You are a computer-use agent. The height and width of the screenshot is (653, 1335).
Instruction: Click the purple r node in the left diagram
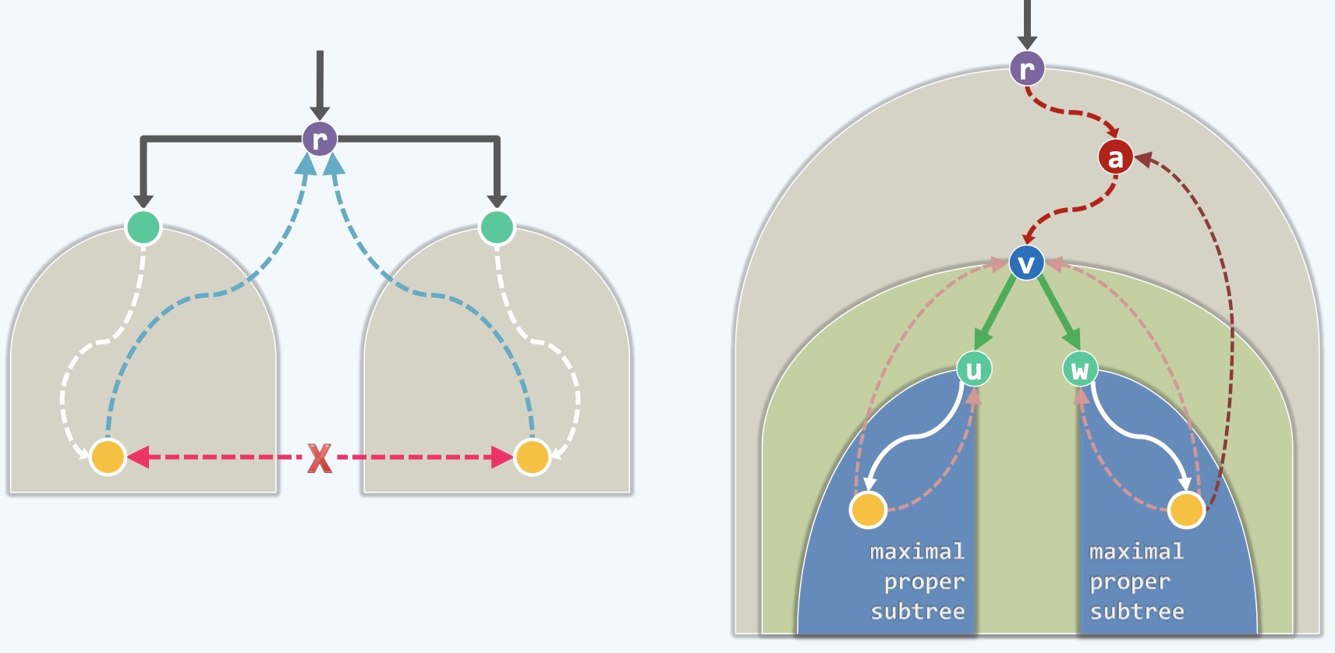(x=320, y=139)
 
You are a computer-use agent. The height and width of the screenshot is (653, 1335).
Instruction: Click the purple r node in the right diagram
(x=1027, y=69)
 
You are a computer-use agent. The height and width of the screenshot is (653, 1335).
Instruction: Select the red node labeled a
(x=1115, y=157)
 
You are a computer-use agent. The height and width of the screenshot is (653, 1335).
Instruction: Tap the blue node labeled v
(x=1026, y=263)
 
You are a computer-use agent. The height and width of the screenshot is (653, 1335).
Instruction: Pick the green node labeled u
(x=974, y=369)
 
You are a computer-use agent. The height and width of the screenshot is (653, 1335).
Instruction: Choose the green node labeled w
(x=1080, y=369)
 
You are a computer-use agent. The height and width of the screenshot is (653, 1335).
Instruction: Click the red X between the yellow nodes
(x=320, y=458)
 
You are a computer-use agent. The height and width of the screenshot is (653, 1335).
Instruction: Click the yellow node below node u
(x=868, y=510)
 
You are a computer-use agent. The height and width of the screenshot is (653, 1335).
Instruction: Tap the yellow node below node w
(x=1186, y=510)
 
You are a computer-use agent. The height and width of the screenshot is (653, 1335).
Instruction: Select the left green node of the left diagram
(x=143, y=228)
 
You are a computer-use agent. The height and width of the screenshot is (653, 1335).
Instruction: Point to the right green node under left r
(x=497, y=228)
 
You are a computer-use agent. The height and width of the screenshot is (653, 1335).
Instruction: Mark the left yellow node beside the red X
(x=108, y=457)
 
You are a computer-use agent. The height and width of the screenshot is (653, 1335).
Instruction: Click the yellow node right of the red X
(x=532, y=457)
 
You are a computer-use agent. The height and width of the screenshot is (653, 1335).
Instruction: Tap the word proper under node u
(x=924, y=582)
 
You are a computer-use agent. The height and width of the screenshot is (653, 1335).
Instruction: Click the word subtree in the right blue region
(x=1136, y=612)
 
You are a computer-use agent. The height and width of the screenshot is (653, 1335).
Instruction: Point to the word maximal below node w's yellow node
(x=1136, y=552)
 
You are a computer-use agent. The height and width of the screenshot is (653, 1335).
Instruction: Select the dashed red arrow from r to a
(x=1072, y=112)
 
